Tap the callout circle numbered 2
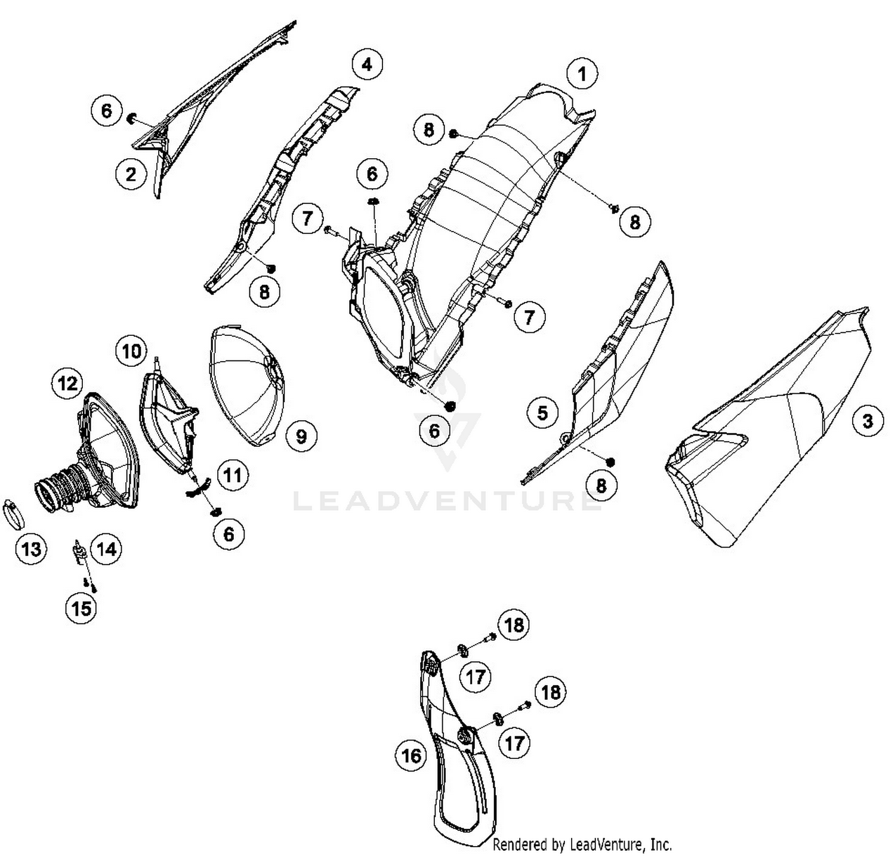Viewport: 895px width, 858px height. coord(131,174)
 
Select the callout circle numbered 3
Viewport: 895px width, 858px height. coord(868,421)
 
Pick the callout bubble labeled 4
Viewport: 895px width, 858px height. coord(367,64)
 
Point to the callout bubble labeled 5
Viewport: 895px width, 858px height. coord(542,412)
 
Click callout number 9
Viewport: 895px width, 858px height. coord(301,436)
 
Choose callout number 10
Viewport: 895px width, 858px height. coord(131,351)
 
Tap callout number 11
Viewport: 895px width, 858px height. coord(233,475)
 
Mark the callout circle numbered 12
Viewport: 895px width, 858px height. coord(67,383)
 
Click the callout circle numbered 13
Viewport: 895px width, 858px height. coord(31,548)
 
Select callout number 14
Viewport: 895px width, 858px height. coord(106,548)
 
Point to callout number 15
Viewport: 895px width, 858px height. coord(81,608)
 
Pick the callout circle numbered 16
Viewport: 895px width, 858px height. coord(411,756)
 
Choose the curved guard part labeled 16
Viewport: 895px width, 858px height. coord(456,746)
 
